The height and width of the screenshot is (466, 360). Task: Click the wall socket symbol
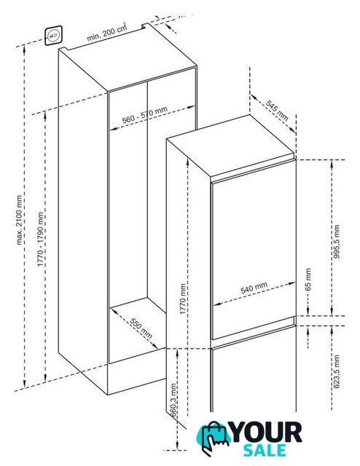point(53,36)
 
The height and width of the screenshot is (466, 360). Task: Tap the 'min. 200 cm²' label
point(107,32)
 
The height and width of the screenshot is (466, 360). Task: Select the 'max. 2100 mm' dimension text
point(20,220)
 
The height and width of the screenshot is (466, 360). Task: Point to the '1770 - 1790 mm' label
point(41,240)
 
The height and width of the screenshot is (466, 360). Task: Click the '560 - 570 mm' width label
point(145,115)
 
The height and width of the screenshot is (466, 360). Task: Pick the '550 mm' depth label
point(141,328)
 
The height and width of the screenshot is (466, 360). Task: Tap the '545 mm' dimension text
point(277,111)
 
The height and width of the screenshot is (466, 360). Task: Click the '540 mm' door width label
point(254,288)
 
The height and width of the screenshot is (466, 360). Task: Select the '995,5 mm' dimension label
point(337,241)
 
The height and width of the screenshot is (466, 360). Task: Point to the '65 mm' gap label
point(308,280)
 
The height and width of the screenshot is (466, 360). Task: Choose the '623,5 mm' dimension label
point(337,371)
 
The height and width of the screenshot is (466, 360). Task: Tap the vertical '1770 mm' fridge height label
point(183,299)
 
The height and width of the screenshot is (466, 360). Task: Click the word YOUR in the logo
point(266,433)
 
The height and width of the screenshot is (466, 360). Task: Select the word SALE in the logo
point(265,450)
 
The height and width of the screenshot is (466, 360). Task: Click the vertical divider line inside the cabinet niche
point(147,189)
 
